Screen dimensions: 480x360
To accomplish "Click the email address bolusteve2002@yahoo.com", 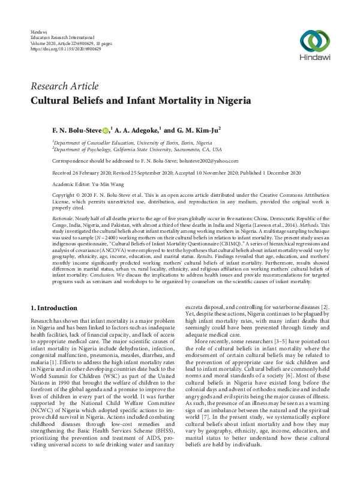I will pos(205,161).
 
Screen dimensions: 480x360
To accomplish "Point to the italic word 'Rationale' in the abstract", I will pos(65,220).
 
